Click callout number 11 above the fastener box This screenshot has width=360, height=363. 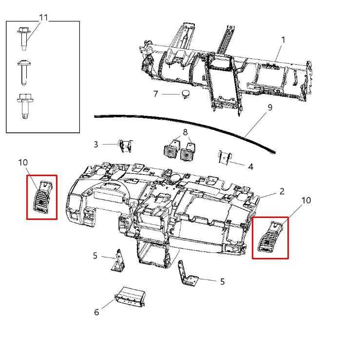pos(43,18)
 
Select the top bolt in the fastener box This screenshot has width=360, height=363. pos(24,38)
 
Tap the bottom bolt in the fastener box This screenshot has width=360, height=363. pos(25,106)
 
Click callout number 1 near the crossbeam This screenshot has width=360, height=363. pos(283,40)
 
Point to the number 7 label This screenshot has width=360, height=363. pos(155,94)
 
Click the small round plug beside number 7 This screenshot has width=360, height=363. pos(186,94)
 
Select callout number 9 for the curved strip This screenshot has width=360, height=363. pos(270,108)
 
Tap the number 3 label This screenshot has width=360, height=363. pos(96,145)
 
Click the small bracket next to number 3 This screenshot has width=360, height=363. pos(125,146)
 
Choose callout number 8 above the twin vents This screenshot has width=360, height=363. pos(185,132)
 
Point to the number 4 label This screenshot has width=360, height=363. pos(250,167)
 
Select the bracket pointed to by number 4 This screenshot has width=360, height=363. pos(225,158)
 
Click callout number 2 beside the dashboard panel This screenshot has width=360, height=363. pos(282,191)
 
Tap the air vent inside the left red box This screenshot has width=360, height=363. pos(43,197)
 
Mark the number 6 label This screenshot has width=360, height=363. pos(96,312)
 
